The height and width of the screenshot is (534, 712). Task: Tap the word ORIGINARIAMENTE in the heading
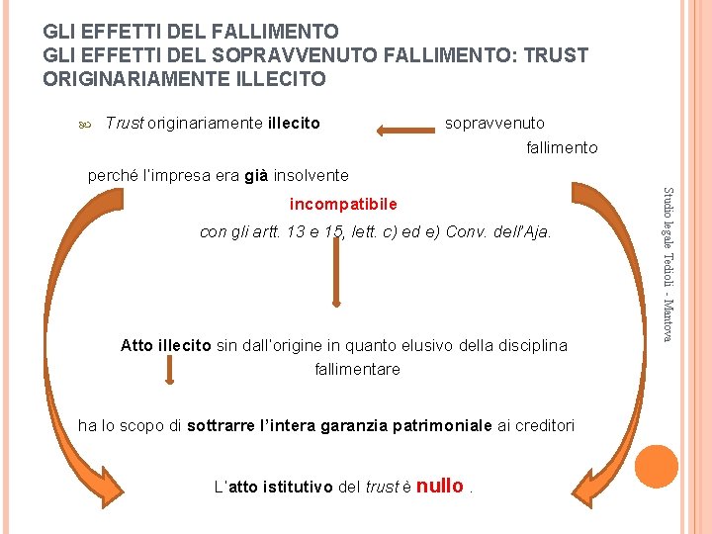point(133,78)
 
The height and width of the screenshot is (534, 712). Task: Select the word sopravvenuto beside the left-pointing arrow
point(494,123)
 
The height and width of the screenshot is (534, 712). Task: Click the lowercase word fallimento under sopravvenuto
point(561,147)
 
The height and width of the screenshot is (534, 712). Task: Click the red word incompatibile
point(343,204)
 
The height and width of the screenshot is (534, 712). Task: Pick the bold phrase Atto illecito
point(165,345)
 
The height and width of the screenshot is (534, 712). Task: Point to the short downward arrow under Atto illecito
point(169,371)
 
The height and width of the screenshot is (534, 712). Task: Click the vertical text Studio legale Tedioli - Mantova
point(667,265)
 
